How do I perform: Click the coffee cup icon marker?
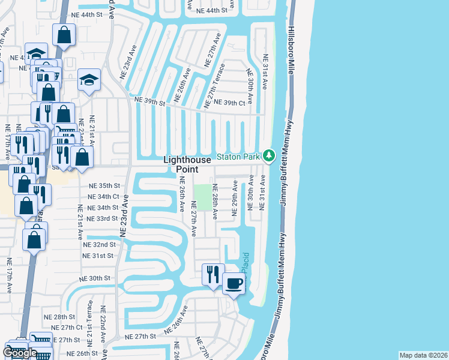[234, 283]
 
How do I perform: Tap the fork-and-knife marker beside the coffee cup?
[213, 274]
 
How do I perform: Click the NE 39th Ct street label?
[229, 103]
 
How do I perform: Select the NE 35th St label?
[104, 186]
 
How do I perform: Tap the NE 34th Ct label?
[103, 197]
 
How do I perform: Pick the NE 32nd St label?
[99, 245]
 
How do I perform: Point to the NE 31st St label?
[98, 256]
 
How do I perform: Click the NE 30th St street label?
[95, 278]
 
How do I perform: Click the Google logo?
[20, 352]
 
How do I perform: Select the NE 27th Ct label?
[67, 328]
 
